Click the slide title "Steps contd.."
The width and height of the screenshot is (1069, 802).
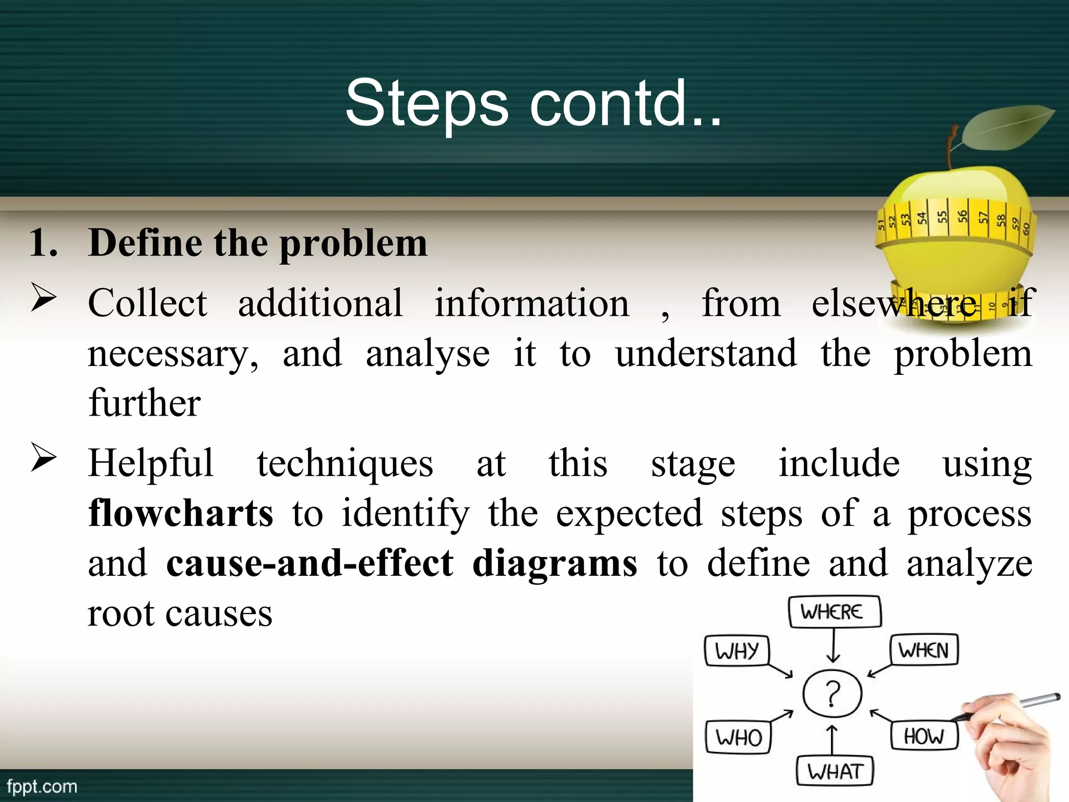pyautogui.click(x=533, y=103)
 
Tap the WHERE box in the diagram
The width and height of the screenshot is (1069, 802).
pyautogui.click(x=834, y=612)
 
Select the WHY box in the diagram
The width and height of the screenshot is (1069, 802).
pyautogui.click(x=737, y=651)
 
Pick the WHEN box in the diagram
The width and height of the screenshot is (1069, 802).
pyautogui.click(x=923, y=650)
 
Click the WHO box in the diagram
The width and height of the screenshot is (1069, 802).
pyautogui.click(x=738, y=737)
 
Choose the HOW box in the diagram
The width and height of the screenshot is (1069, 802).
pyautogui.click(x=924, y=736)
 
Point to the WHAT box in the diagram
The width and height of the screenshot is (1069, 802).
pyautogui.click(x=835, y=771)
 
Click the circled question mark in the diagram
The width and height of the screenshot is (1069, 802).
pyautogui.click(x=833, y=693)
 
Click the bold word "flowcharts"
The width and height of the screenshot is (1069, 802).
pyautogui.click(x=181, y=513)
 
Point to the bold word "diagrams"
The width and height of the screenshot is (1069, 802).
pyautogui.click(x=554, y=564)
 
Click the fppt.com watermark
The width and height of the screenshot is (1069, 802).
pyautogui.click(x=42, y=786)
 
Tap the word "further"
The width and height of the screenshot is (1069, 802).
pyautogui.click(x=145, y=403)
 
